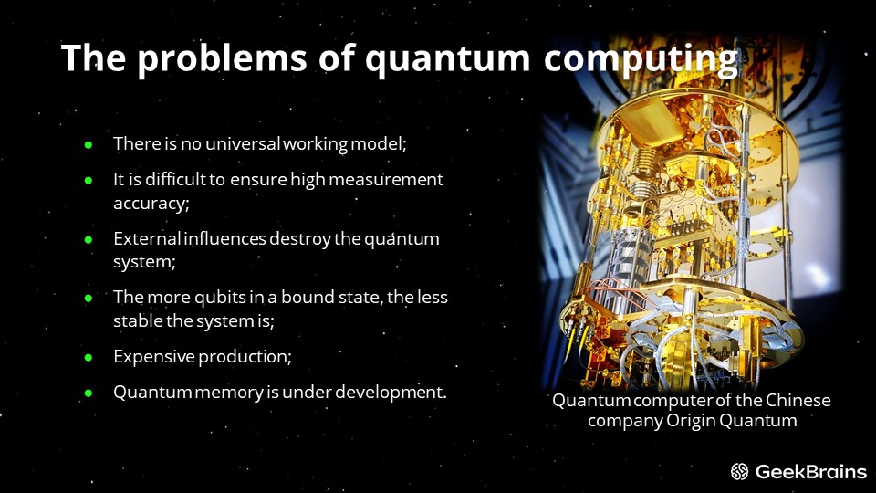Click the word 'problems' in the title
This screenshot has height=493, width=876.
(x=223, y=58)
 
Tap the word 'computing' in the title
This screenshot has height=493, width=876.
(x=641, y=58)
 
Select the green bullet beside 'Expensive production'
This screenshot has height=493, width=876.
(x=89, y=357)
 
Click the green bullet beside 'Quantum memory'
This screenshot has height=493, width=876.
(x=89, y=393)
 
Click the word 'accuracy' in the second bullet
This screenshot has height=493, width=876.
(x=150, y=203)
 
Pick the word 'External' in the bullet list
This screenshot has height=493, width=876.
(x=147, y=238)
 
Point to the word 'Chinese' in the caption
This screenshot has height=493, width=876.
(x=798, y=400)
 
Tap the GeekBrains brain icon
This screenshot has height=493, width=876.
(x=739, y=472)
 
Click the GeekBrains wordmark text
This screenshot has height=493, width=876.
(x=811, y=472)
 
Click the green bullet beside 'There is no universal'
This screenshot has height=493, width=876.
(x=89, y=145)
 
